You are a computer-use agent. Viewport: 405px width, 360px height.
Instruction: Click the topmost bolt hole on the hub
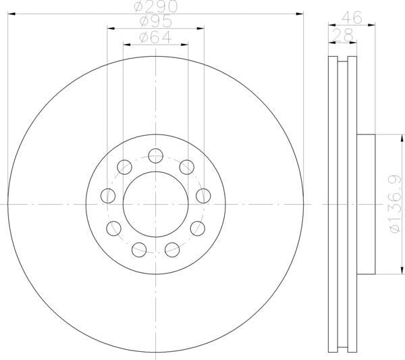tap(155, 155)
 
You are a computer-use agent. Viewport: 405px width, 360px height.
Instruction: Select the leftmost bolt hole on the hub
tap(108, 196)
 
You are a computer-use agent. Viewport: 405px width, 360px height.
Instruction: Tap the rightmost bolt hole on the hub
tap(202, 196)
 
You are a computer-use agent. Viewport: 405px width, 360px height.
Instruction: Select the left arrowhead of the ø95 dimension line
tap(109, 28)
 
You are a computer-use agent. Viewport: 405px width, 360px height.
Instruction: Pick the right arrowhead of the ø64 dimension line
tap(186, 43)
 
